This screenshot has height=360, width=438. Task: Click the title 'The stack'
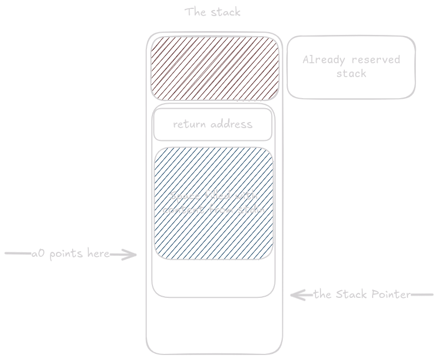pyautogui.click(x=213, y=12)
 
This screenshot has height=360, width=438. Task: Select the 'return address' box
pyautogui.click(x=213, y=124)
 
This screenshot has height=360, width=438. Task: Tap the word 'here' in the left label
pyautogui.click(x=98, y=254)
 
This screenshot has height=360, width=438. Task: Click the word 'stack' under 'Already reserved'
pyautogui.click(x=351, y=73)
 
